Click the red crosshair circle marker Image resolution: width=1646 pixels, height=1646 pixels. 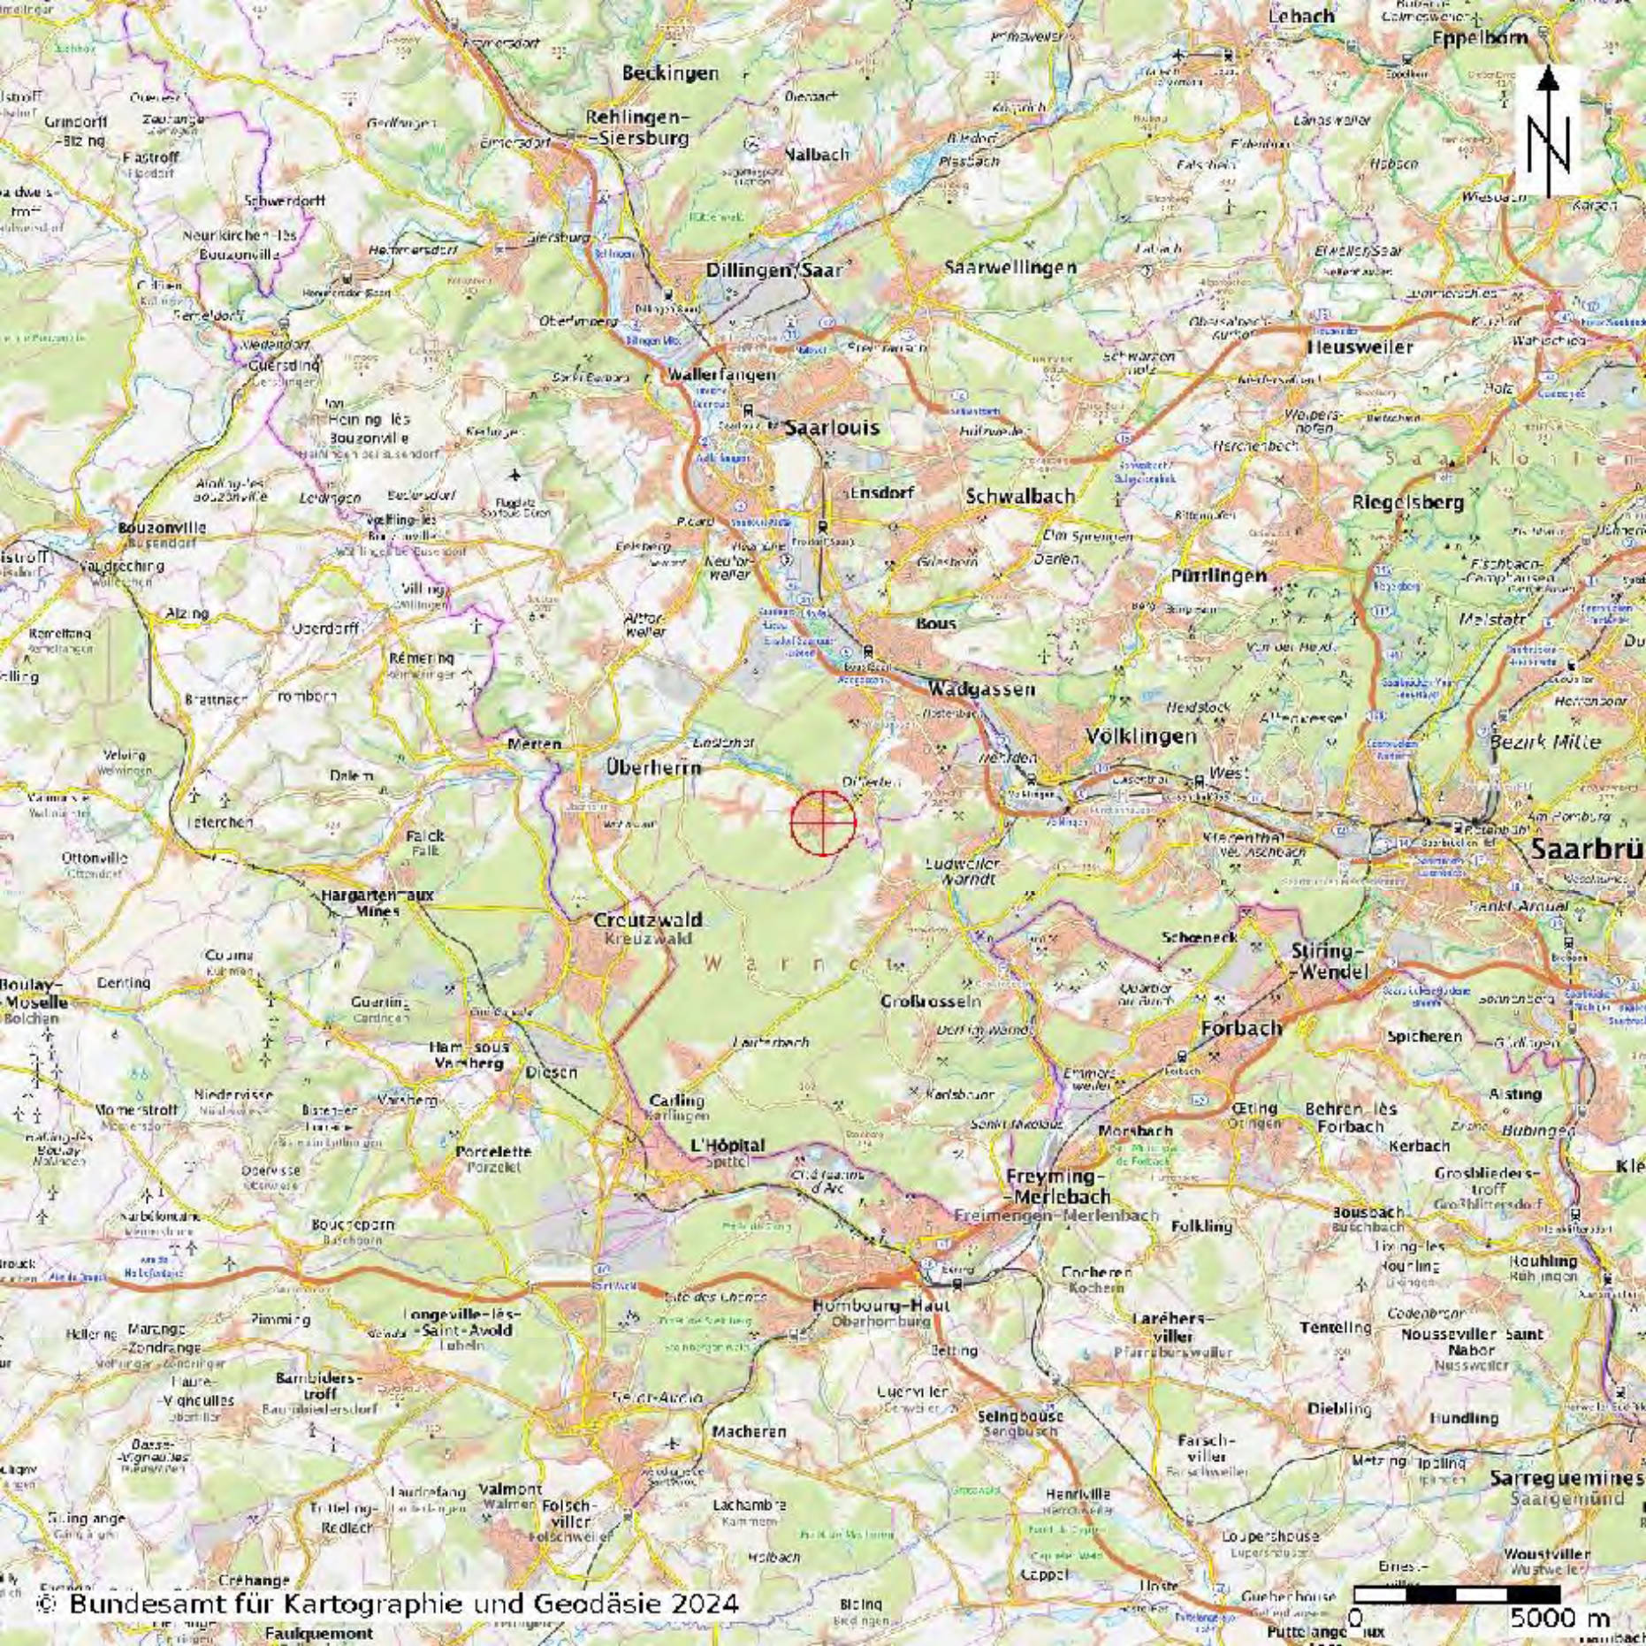(823, 822)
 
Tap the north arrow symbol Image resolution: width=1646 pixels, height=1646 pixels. (1547, 131)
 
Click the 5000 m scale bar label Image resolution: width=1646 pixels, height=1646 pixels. (1559, 1617)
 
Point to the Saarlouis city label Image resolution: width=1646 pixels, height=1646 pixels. (833, 427)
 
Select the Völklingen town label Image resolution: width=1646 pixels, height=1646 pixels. (1141, 735)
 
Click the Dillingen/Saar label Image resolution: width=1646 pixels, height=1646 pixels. (774, 271)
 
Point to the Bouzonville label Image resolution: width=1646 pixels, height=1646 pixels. (162, 528)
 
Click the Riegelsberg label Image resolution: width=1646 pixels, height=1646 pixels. (1408, 502)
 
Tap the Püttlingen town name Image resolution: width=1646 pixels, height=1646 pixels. (1218, 575)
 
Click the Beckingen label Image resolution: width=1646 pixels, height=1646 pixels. (670, 73)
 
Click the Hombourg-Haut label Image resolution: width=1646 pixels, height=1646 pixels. (881, 1306)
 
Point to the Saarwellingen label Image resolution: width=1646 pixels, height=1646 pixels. (1010, 267)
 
